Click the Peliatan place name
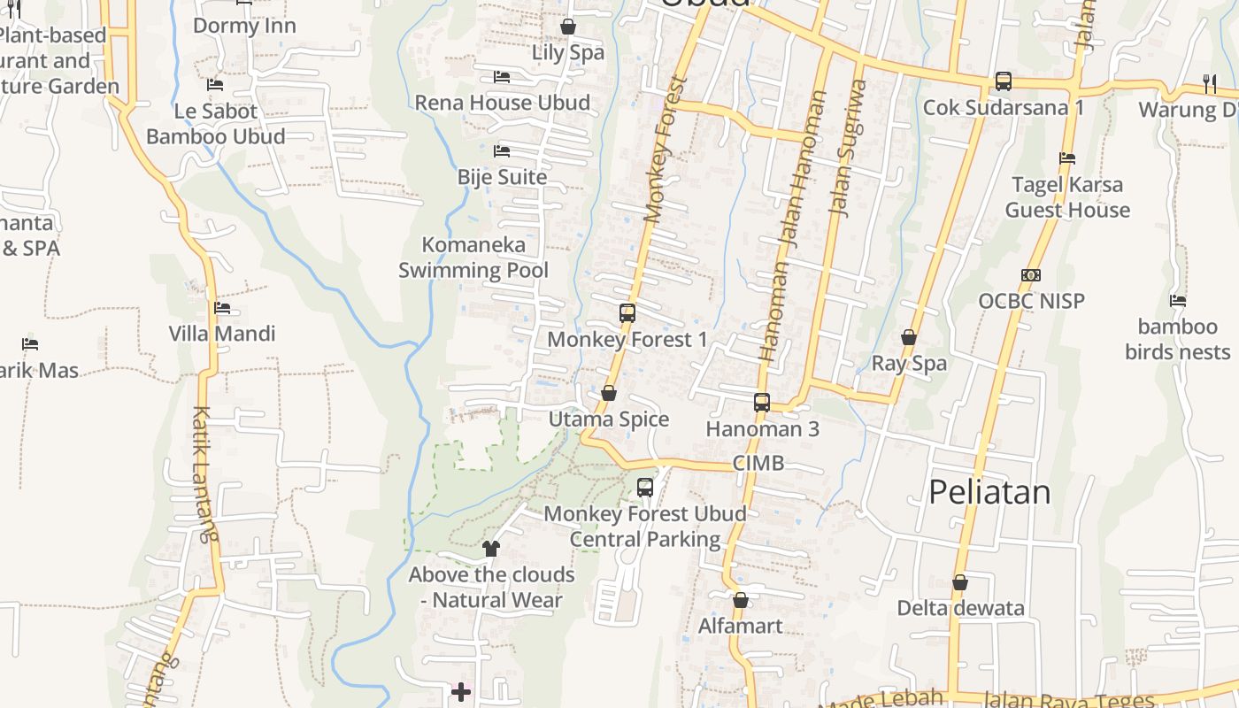point(989,492)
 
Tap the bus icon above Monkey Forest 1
point(627,312)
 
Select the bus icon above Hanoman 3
point(762,403)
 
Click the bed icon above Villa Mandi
point(222,308)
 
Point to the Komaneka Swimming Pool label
point(473,258)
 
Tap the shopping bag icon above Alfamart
point(741,600)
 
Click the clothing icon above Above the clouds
point(491,549)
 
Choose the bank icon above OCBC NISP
point(1031,275)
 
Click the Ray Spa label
point(909,363)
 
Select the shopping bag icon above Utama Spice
point(609,393)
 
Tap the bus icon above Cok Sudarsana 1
point(1004,81)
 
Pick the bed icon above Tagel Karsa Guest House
point(1067,158)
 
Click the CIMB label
point(758,463)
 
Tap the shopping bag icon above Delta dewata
point(960,582)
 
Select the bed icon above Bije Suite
point(502,151)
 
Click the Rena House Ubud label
point(503,103)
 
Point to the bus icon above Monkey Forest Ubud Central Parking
point(645,487)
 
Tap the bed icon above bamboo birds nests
point(1178,301)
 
